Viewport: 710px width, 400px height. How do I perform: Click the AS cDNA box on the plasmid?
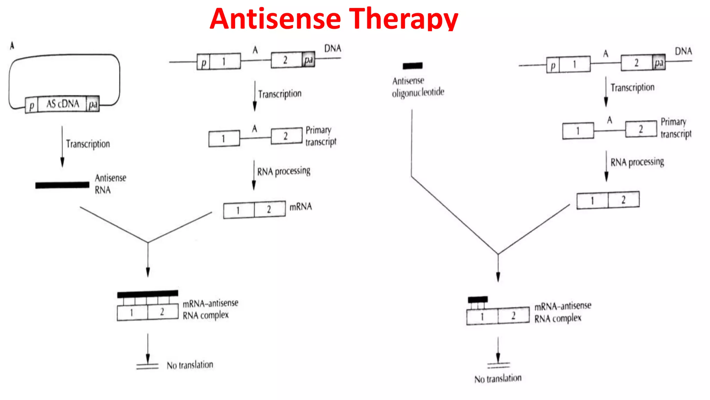[62, 104]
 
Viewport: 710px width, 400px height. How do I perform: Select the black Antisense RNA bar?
[62, 185]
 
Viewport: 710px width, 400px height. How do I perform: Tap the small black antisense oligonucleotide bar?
[413, 66]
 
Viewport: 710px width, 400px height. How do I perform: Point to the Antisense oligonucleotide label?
[418, 86]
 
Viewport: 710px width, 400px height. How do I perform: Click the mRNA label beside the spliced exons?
[301, 207]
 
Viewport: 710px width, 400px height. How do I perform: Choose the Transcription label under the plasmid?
[88, 144]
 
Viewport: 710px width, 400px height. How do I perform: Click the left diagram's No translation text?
[190, 365]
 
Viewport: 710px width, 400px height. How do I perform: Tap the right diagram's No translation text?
[498, 378]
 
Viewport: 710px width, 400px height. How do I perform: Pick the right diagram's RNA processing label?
[637, 162]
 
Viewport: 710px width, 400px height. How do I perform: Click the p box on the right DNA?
[553, 65]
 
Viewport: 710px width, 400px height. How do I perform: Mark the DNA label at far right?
[683, 51]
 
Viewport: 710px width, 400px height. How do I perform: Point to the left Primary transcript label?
[321, 136]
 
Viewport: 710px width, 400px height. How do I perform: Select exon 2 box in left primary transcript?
[286, 136]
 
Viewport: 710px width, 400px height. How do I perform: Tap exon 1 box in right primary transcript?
[578, 131]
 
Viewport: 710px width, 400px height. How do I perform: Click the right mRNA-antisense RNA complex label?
[562, 312]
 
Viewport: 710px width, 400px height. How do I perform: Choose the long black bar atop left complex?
[148, 294]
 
